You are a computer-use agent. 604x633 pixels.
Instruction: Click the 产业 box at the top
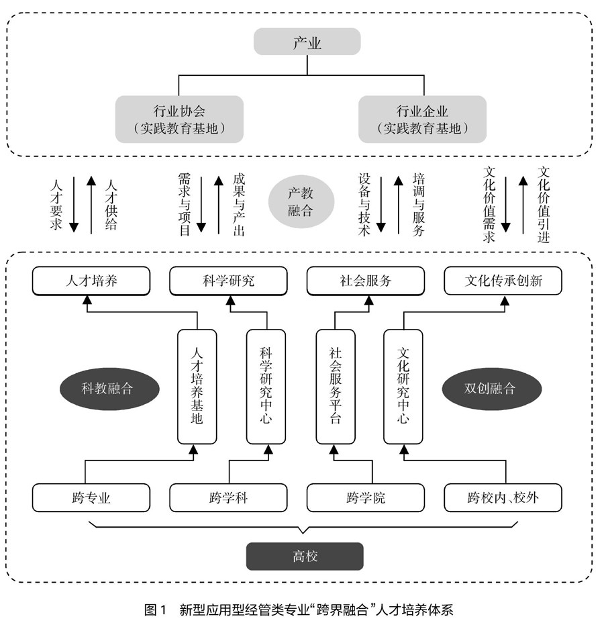(307, 44)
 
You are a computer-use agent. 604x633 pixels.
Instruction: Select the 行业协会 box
(179, 119)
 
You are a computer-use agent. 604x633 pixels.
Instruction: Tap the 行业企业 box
(422, 119)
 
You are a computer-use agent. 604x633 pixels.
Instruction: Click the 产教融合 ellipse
(301, 201)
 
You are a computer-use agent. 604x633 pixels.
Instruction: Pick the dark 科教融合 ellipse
(107, 387)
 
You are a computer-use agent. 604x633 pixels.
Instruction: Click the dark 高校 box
(304, 556)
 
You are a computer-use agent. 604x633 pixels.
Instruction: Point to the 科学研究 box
(230, 281)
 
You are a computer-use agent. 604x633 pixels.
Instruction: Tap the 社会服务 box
(366, 281)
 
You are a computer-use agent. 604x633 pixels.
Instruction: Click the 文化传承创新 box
(503, 281)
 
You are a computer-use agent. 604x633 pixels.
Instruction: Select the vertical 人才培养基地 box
(197, 386)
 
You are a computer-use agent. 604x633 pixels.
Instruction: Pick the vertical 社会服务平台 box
(336, 386)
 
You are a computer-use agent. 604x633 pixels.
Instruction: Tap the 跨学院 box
(366, 498)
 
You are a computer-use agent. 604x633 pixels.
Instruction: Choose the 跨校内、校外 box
(503, 498)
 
